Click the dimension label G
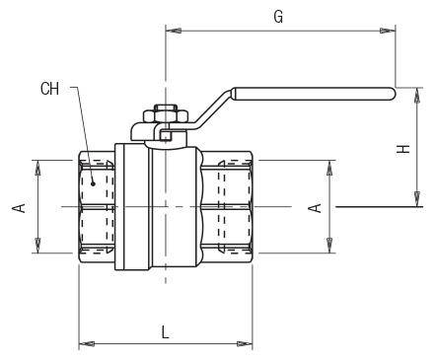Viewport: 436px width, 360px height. click(278, 17)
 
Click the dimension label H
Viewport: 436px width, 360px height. click(403, 149)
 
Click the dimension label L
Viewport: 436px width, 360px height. click(166, 331)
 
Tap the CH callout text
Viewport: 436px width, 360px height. click(49, 89)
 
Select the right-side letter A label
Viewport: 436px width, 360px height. click(315, 208)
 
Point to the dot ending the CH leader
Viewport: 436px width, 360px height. click(93, 183)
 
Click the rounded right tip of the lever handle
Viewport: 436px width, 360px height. click(393, 94)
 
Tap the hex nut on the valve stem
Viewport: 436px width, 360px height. click(166, 116)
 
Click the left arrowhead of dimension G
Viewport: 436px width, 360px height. click(173, 31)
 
